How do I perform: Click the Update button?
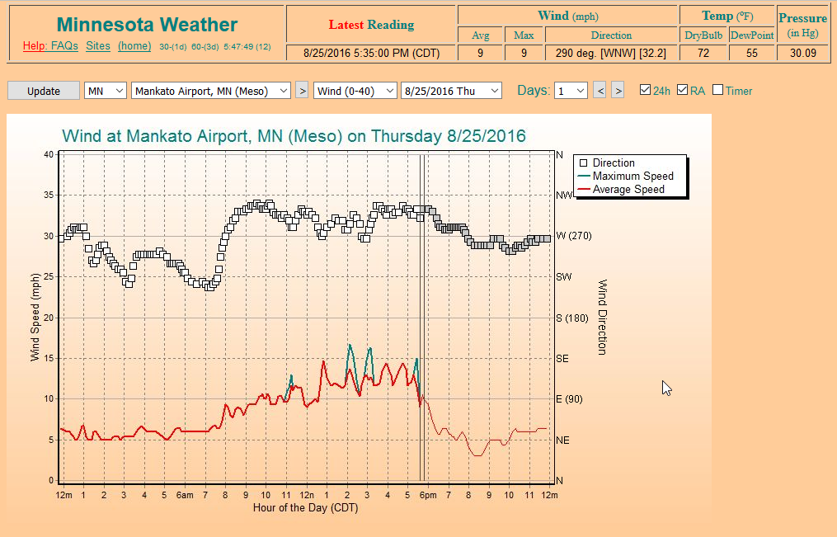44,91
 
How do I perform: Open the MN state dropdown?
106,91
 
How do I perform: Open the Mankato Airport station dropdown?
211,91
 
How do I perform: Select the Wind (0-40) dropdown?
355,91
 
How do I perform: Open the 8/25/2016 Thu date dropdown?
451,91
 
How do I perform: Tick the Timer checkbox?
717,90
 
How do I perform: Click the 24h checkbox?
645,90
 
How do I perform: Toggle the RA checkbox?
682,90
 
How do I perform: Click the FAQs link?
64,46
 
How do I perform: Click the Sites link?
98,46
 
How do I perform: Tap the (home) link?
134,46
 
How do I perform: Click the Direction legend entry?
614,163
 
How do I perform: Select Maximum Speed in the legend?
632,177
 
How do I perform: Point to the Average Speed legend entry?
628,190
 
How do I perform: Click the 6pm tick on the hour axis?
427,495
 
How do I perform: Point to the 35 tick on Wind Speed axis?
48,195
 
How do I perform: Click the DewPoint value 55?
752,54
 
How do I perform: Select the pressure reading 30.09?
802,54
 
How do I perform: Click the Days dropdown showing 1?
571,91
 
